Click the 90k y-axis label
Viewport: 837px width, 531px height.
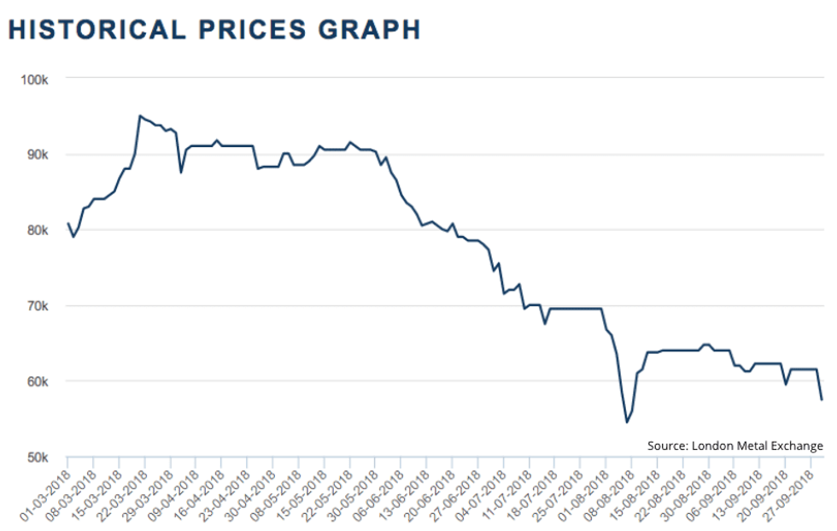click(41, 155)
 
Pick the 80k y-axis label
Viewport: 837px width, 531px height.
click(41, 230)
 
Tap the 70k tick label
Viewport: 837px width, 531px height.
click(41, 306)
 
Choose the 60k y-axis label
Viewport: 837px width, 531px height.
click(41, 381)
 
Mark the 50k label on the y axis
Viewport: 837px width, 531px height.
click(41, 457)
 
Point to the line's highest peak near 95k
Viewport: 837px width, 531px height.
click(140, 115)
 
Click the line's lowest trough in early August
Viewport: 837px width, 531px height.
click(626, 422)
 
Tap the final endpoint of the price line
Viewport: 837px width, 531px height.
click(822, 399)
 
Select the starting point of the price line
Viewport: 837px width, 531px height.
click(68, 224)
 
